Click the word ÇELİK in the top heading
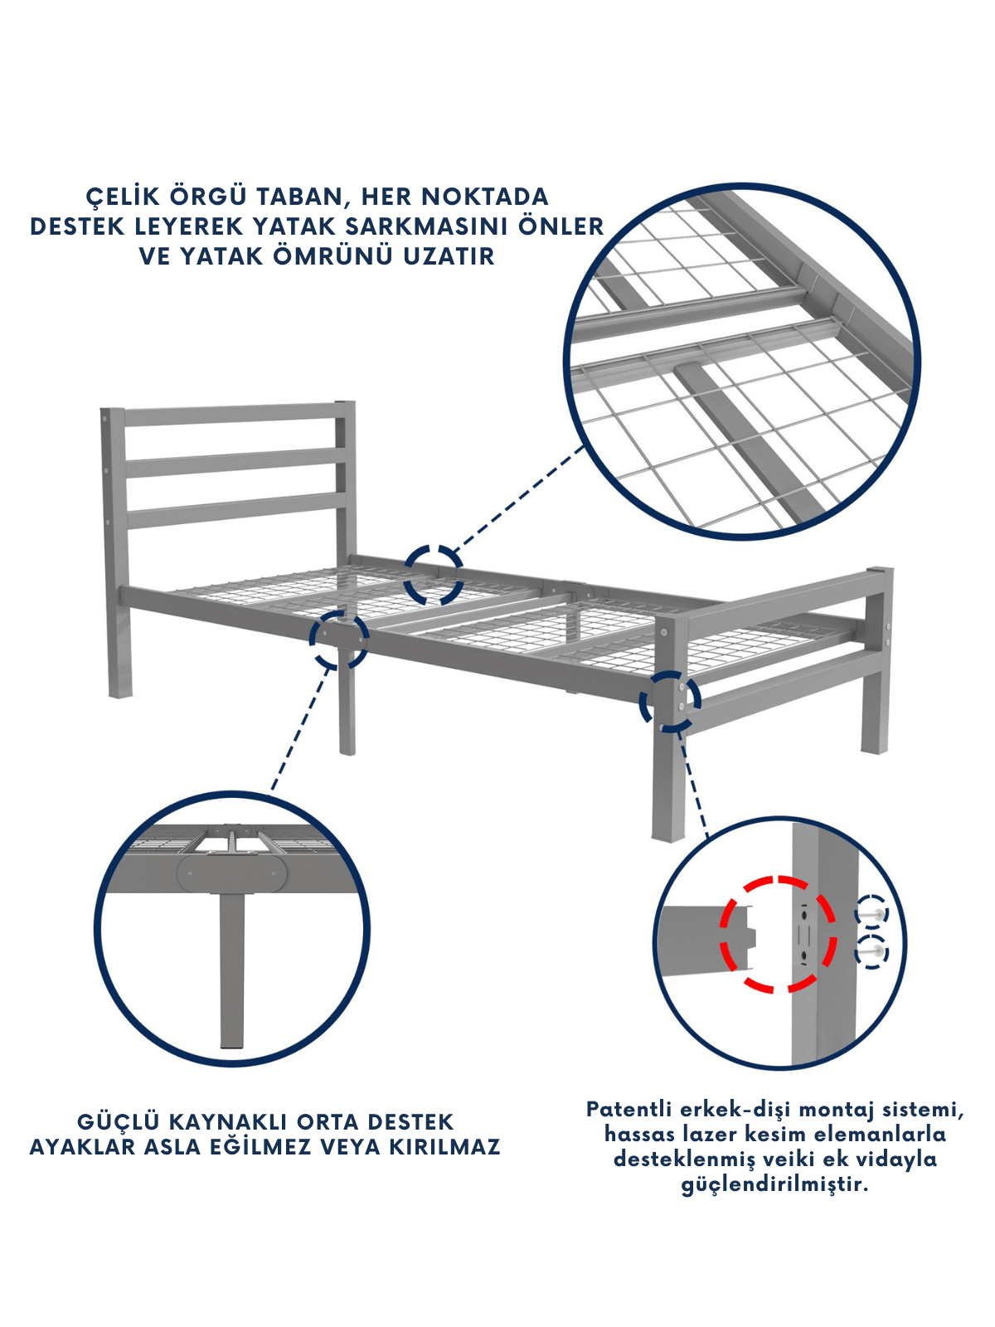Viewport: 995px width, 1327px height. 123,197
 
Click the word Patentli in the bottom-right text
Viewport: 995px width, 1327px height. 629,1109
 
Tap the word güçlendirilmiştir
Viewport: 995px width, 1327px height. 774,1185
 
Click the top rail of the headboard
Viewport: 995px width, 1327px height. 230,414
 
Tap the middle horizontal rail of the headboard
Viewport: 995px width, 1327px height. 235,463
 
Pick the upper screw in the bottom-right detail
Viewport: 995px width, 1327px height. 871,916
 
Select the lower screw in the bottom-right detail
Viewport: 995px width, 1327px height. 871,951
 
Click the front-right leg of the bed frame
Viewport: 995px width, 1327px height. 669,780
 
